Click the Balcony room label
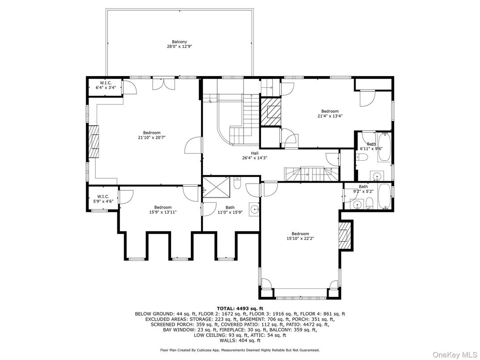180,42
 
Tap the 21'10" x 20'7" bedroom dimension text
152,137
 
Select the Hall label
255,154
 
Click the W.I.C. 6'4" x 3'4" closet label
106,85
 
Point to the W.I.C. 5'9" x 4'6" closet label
103,199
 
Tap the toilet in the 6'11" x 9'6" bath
362,157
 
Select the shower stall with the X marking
216,187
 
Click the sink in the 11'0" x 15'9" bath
254,210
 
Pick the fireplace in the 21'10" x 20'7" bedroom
94,141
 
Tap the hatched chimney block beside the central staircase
270,112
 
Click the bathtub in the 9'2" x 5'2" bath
384,196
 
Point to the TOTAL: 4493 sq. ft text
240,309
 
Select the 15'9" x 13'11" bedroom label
163,210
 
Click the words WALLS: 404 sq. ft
240,340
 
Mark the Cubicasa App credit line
240,350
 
